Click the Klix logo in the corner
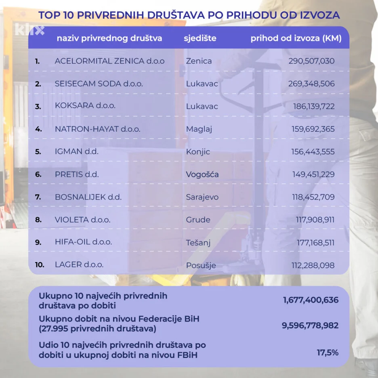29,29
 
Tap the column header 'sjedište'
200,38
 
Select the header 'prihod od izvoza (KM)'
296,38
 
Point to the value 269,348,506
311,84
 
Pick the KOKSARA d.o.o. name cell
85,106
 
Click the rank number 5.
38,152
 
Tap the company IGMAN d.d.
77,152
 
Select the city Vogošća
202,174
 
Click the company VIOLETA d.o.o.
82,220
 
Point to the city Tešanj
198,243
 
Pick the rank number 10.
40,265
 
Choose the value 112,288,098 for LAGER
313,265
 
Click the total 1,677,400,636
311,300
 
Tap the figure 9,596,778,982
310,325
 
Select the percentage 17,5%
328,353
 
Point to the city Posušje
201,266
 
